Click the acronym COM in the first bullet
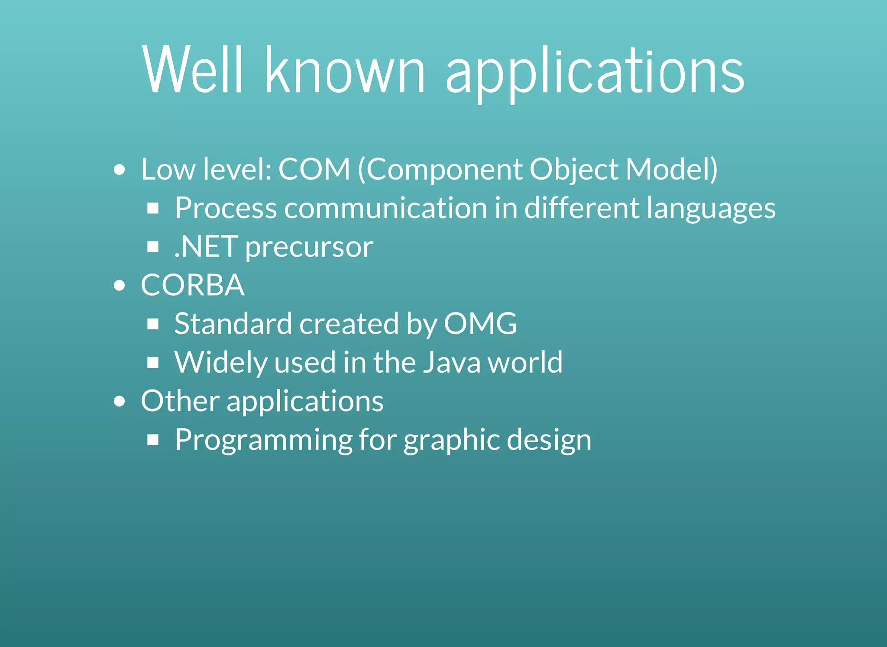[x=314, y=169]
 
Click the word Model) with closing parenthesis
[x=672, y=169]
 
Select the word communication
[x=386, y=208]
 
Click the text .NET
[x=206, y=247]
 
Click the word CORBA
[x=193, y=285]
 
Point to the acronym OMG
[x=480, y=324]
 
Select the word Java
[x=451, y=362]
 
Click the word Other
[x=180, y=401]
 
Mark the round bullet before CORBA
[x=120, y=286]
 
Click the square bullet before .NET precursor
[x=153, y=247]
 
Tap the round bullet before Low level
[x=120, y=170]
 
